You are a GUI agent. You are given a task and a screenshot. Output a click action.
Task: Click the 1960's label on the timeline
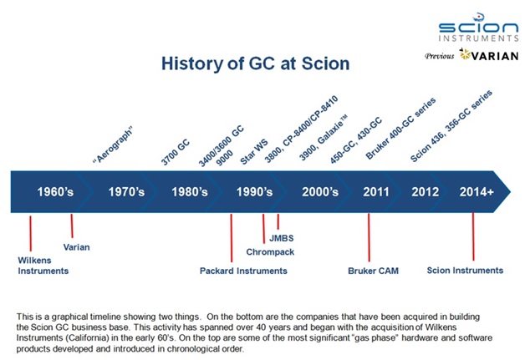point(55,192)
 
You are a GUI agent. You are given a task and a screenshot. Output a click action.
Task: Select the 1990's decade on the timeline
point(254,192)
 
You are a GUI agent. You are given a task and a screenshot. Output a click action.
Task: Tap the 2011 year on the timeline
point(376,192)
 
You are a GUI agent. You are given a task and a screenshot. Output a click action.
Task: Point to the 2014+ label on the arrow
point(477,192)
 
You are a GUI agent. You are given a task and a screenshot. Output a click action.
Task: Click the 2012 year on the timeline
point(426,192)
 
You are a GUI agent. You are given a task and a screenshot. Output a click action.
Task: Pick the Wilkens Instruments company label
point(43,266)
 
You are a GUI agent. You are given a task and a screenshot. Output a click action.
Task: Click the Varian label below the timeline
point(76,247)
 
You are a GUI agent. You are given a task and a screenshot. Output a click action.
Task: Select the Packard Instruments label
point(243,271)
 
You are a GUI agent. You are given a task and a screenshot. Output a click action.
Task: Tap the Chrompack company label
point(270,252)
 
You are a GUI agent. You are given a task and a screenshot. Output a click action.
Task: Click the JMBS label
point(282,238)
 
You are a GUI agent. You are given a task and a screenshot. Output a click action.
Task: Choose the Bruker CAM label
point(374,271)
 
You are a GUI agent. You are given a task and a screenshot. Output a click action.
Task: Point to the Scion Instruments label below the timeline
point(465,271)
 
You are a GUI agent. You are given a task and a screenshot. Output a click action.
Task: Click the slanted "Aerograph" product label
point(113,145)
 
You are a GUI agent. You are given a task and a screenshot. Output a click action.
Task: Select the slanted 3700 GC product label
point(175,153)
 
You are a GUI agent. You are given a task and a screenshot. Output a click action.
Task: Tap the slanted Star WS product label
point(254,152)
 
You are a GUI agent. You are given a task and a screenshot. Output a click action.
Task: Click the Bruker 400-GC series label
point(400,129)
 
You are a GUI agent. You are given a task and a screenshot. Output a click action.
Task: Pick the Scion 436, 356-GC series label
point(451,126)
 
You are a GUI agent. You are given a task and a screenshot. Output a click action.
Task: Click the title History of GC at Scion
point(256,63)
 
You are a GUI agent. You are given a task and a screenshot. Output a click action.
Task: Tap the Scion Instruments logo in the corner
point(479,28)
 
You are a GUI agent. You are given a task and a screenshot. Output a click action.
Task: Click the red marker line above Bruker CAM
point(369,237)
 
